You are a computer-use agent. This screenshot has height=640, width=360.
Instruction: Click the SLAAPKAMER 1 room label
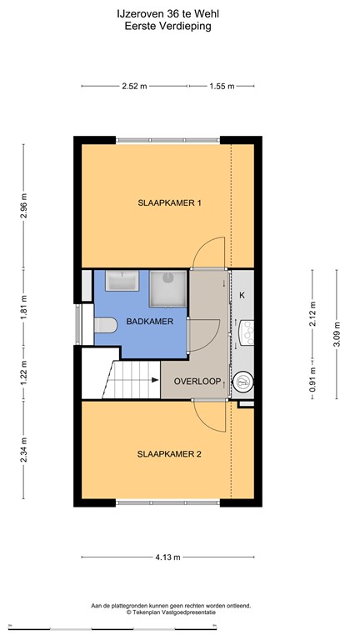pyautogui.click(x=170, y=202)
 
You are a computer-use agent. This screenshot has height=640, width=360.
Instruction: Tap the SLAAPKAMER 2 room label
pyautogui.click(x=170, y=454)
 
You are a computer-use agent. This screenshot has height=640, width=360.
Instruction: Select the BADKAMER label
pyautogui.click(x=127, y=320)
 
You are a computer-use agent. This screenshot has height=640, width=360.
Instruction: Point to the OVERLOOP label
pyautogui.click(x=197, y=382)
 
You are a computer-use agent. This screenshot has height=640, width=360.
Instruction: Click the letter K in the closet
pyautogui.click(x=242, y=296)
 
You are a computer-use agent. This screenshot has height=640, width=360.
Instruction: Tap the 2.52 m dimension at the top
pyautogui.click(x=134, y=86)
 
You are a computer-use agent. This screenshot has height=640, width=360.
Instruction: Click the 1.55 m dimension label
pyautogui.click(x=221, y=86)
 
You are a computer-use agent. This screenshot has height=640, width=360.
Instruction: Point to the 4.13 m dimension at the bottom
pyautogui.click(x=170, y=557)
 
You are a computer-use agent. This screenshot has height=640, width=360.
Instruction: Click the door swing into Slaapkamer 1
pyautogui.click(x=208, y=252)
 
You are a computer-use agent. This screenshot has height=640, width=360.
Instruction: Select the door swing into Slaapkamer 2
pyautogui.click(x=208, y=415)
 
